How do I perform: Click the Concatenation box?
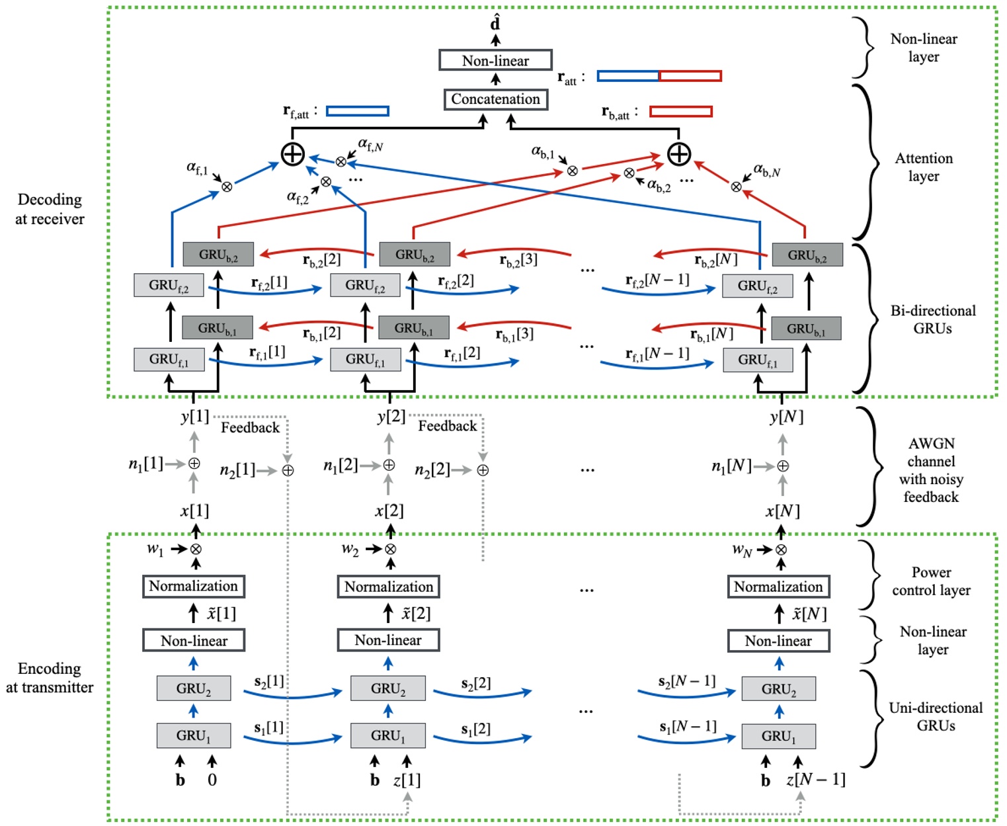495,99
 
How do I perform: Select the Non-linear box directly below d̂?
495,60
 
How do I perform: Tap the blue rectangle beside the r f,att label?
357,111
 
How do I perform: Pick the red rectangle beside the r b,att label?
680,111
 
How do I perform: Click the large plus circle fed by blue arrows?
293,154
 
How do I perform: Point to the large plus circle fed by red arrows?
679,154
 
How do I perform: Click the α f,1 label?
197,169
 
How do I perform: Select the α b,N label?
766,171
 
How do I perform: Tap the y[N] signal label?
786,417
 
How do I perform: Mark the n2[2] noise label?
432,470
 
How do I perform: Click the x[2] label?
389,511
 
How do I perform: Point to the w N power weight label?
741,550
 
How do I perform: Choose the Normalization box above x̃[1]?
193,586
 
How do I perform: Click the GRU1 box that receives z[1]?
388,735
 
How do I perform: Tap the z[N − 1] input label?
815,780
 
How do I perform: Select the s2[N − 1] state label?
686,681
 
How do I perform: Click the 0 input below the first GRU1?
212,780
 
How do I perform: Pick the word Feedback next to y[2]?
447,426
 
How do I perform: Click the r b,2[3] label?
518,260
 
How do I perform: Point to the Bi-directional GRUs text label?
932,319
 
